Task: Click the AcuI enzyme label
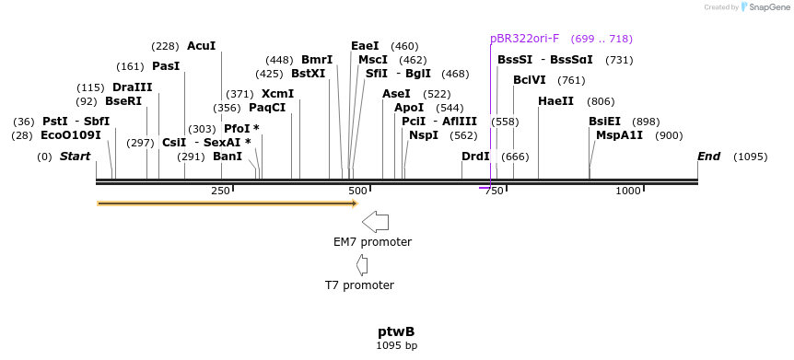[201, 46]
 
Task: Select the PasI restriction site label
[166, 66]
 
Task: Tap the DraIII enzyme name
[132, 87]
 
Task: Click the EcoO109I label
[70, 135]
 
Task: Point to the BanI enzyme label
[228, 157]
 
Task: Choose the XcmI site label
[277, 94]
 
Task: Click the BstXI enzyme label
[308, 74]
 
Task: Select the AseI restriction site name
[396, 94]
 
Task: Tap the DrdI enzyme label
[475, 157]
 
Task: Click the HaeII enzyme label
[555, 101]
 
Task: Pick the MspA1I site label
[619, 135]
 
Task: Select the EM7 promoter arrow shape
[376, 221]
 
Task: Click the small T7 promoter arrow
[362, 265]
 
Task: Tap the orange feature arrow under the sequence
[227, 203]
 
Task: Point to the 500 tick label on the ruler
[356, 191]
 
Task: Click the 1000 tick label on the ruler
[628, 191]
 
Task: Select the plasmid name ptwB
[396, 331]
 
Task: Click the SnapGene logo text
[765, 7]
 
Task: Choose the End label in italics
[708, 157]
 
